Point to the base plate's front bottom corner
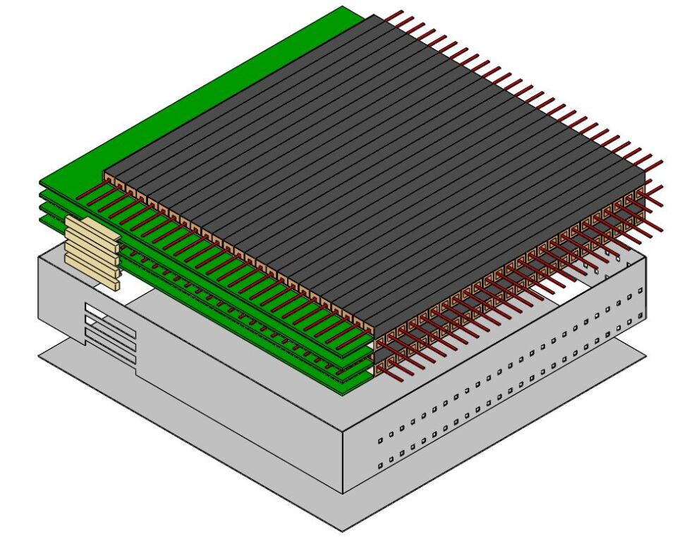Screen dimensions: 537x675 (x=343, y=530)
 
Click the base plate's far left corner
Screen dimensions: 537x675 (x=39, y=356)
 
